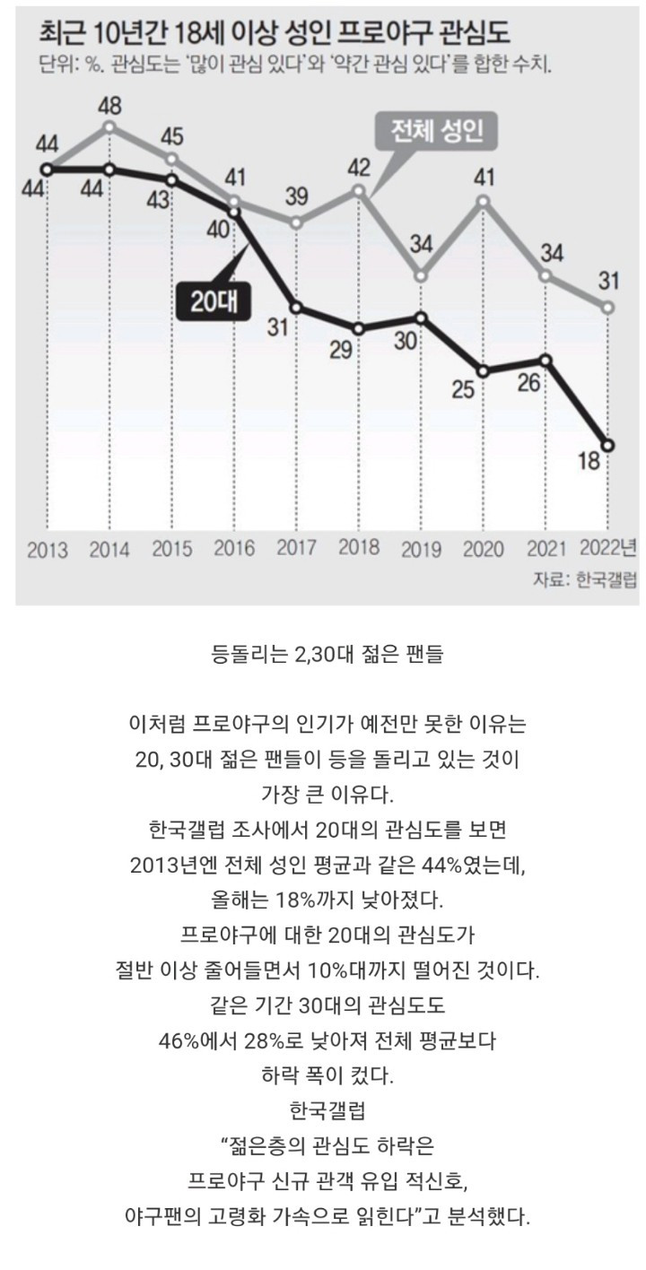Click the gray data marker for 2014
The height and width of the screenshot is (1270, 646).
click(x=109, y=126)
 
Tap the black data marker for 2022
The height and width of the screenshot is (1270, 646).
click(x=609, y=445)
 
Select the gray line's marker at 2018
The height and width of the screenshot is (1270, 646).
click(x=359, y=190)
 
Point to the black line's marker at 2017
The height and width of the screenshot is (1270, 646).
click(x=297, y=308)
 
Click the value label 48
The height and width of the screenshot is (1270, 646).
click(x=109, y=106)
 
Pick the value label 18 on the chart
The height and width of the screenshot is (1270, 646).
click(x=589, y=463)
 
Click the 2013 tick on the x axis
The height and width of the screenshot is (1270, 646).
click(x=48, y=549)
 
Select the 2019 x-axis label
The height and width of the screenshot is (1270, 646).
click(x=421, y=549)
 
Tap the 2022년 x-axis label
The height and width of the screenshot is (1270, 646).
click(x=609, y=547)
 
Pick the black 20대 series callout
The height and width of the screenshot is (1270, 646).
click(x=213, y=300)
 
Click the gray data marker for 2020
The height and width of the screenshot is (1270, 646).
click(x=484, y=200)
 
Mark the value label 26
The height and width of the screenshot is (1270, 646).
click(x=529, y=382)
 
